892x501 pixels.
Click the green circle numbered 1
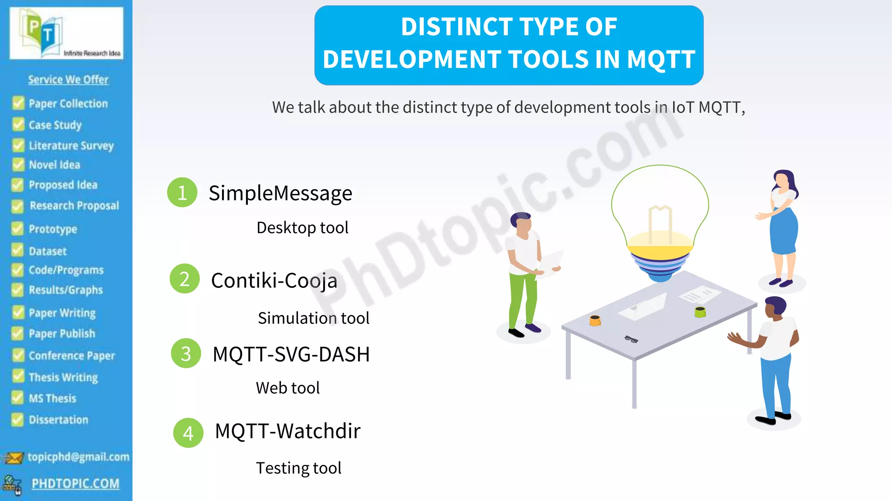(182, 192)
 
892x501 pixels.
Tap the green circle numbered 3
(186, 354)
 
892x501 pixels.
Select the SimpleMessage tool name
(280, 194)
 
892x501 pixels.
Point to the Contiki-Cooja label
(274, 281)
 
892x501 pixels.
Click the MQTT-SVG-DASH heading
(291, 354)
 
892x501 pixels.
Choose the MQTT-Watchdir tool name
(287, 431)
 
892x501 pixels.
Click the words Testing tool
(298, 468)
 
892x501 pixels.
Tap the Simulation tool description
(313, 318)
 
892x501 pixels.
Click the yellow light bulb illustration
(660, 222)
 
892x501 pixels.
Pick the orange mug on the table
(595, 321)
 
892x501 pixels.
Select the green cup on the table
(700, 311)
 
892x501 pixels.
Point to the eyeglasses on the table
(631, 339)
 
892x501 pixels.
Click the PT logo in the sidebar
(66, 33)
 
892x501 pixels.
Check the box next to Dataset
(17, 250)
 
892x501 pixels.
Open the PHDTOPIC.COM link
(75, 484)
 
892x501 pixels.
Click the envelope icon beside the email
(14, 458)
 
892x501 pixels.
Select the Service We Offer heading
(68, 80)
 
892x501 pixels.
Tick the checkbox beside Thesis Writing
(18, 376)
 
